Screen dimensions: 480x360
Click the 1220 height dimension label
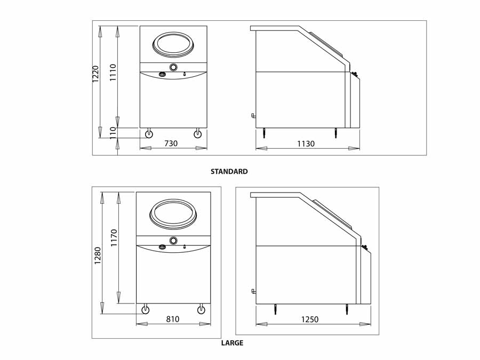click(96, 74)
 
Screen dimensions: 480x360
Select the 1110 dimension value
click(113, 72)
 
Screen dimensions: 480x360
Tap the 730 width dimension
click(171, 143)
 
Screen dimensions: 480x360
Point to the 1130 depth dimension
click(306, 143)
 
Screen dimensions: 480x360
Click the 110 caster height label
click(113, 133)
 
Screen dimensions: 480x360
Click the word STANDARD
click(229, 171)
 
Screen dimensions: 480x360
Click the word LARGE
click(233, 343)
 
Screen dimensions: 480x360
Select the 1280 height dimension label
click(98, 255)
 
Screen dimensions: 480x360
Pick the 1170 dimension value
click(114, 238)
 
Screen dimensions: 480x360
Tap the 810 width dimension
click(173, 319)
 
